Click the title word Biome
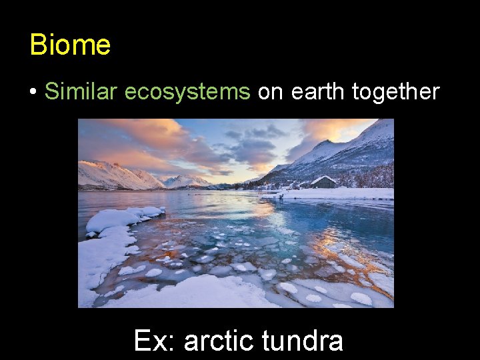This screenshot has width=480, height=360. pyautogui.click(x=70, y=45)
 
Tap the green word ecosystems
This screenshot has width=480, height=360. pyautogui.click(x=187, y=91)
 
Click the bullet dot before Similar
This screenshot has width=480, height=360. pyautogui.click(x=33, y=92)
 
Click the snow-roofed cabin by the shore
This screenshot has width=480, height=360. pyautogui.click(x=324, y=182)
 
